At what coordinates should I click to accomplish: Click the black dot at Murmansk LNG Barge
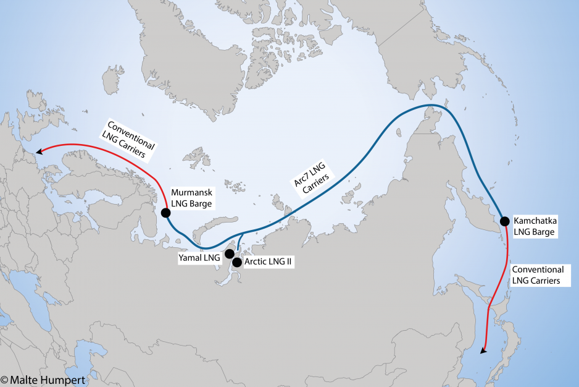pyautogui.click(x=165, y=213)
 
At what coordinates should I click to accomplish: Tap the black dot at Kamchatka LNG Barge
pyautogui.click(x=504, y=221)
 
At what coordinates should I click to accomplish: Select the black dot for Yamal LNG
pyautogui.click(x=230, y=253)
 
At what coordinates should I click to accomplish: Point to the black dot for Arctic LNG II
pyautogui.click(x=236, y=262)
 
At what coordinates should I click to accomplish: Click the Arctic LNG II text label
pyautogui.click(x=268, y=262)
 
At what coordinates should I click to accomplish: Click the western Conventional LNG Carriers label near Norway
pyautogui.click(x=128, y=138)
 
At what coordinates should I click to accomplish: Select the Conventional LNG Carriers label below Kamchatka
pyautogui.click(x=538, y=275)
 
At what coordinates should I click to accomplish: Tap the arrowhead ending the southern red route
pyautogui.click(x=483, y=351)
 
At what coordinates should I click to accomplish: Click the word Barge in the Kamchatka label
pyautogui.click(x=543, y=232)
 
